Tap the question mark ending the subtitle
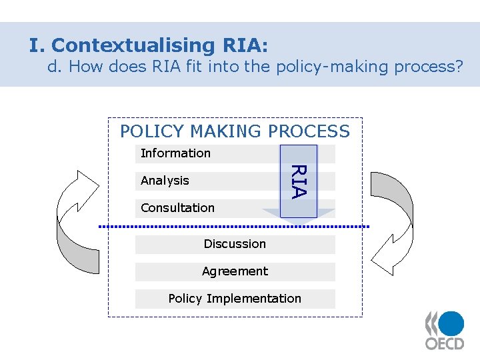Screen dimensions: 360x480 coord(457,67)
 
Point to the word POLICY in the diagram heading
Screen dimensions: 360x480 coord(151,131)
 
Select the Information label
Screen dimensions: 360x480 coord(175,153)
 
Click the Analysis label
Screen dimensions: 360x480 coord(165,181)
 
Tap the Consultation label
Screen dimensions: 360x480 coord(177,208)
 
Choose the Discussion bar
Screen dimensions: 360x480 coord(235,244)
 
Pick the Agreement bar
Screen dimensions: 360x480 coord(235,271)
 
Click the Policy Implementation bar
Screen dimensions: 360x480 coord(235,299)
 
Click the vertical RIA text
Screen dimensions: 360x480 coord(299,181)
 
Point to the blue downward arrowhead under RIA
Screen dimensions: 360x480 coord(298,213)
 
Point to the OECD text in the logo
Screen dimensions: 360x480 coord(445,344)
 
